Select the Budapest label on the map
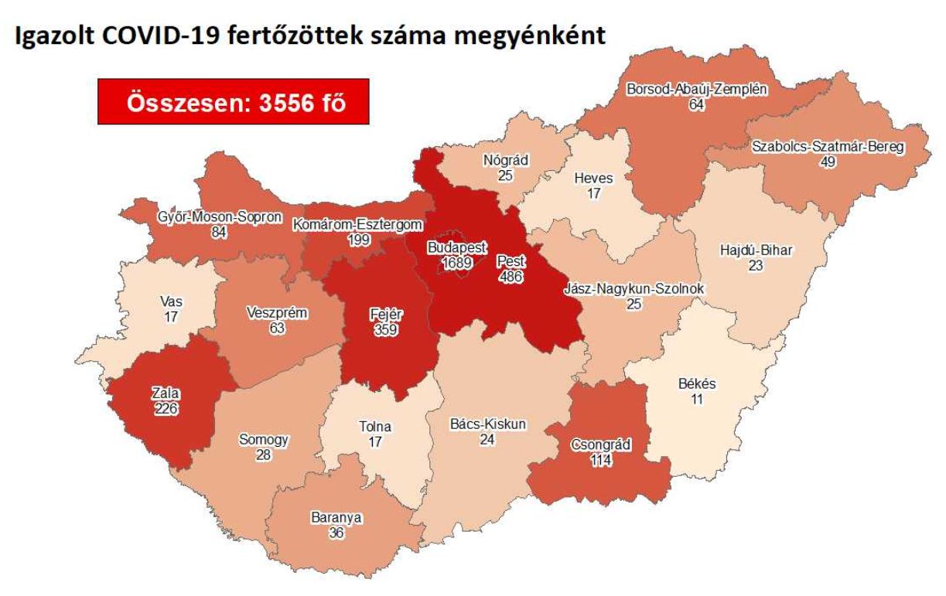(458, 248)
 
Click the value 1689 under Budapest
(458, 264)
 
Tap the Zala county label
(166, 395)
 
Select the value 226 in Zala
(166, 410)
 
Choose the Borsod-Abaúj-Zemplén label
(697, 89)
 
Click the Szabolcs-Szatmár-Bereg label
(828, 147)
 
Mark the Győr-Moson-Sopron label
(218, 217)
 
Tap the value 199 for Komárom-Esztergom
(359, 240)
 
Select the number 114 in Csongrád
(601, 461)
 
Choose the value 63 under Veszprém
(277, 329)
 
